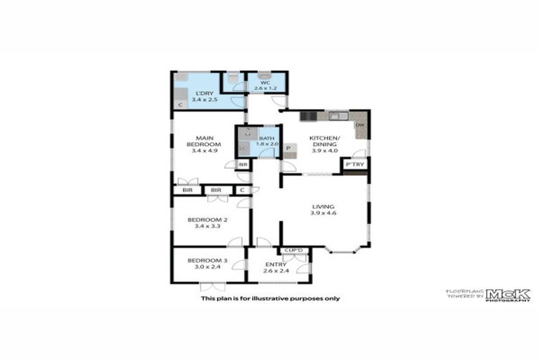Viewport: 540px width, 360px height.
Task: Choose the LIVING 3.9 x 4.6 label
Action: click(323, 210)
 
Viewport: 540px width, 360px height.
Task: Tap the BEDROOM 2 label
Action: click(204, 223)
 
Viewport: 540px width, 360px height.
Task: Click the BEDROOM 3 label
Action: click(204, 264)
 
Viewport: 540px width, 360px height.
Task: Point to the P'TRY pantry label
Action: click(354, 164)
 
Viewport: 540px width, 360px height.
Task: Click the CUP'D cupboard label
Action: click(294, 250)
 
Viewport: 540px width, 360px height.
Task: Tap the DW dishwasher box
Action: click(359, 125)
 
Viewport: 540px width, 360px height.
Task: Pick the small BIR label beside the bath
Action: click(243, 165)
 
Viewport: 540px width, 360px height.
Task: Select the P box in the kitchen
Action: click(288, 148)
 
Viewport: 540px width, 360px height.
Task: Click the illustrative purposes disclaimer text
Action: click(270, 298)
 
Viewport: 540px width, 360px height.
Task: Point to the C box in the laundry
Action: click(180, 105)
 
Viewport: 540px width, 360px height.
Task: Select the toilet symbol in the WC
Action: click(264, 76)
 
